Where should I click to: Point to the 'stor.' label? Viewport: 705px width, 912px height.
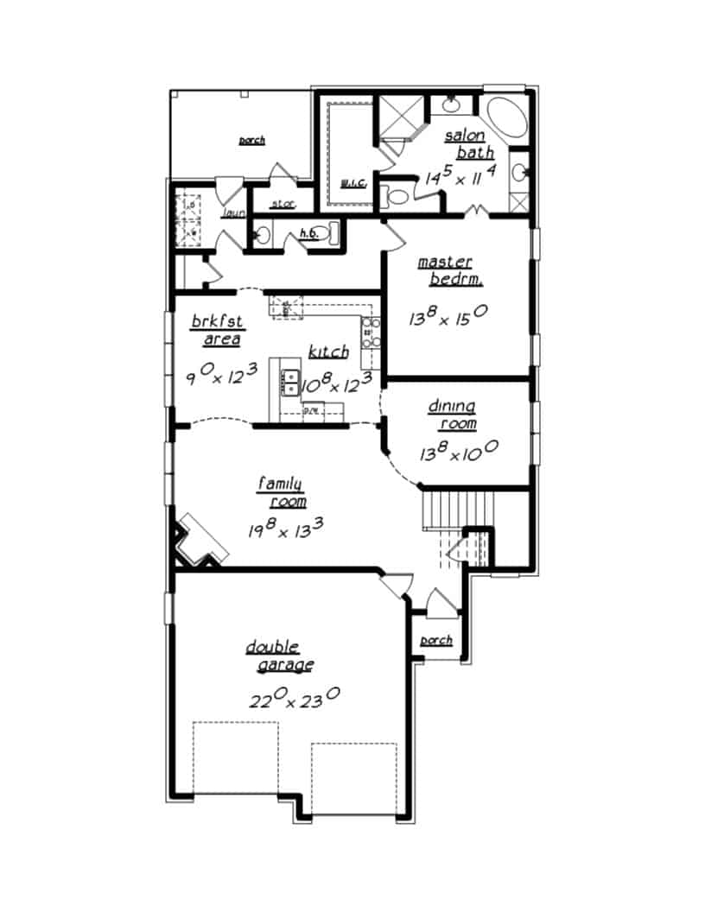click(283, 205)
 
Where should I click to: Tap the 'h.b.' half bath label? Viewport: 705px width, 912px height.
click(308, 233)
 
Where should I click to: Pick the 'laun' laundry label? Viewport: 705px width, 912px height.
click(234, 213)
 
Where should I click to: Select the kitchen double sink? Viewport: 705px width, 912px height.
click(290, 380)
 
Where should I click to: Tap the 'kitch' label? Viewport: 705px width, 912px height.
click(328, 351)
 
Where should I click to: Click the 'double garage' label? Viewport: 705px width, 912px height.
click(275, 656)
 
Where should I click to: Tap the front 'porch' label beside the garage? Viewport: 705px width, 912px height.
click(436, 641)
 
